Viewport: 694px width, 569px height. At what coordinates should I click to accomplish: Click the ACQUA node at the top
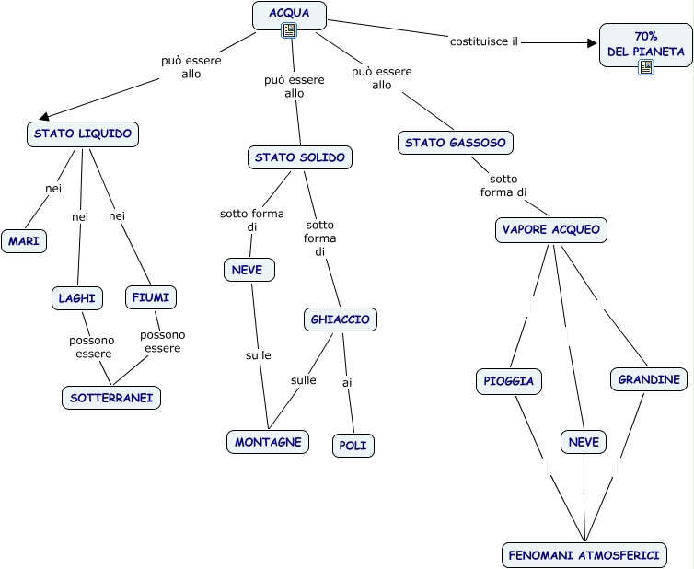point(289,15)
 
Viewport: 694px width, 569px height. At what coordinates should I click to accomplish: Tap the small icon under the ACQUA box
point(289,30)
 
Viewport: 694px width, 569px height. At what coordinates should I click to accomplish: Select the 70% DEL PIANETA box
point(646,45)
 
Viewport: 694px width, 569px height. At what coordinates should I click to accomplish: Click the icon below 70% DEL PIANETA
point(646,67)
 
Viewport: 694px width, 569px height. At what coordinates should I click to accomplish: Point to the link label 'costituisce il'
point(484,41)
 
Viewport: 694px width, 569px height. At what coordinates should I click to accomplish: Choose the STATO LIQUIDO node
point(83,134)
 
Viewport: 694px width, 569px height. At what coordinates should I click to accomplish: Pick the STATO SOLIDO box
point(300,157)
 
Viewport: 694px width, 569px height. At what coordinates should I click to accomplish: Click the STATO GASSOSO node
point(456,143)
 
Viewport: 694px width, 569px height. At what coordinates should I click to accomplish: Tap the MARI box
point(24,241)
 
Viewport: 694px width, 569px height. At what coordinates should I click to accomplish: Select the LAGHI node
point(77,298)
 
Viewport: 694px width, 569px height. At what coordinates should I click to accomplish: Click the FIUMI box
point(151,297)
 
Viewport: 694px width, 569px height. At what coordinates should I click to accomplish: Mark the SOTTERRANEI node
point(111,398)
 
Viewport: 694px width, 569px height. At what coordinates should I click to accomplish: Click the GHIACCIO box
point(341,319)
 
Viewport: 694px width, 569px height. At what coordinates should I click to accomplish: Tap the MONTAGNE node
point(268,442)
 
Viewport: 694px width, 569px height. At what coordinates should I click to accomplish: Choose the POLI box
point(353,445)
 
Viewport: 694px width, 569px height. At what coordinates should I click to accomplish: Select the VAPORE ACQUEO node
point(551,230)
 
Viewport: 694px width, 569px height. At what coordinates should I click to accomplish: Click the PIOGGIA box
point(509,381)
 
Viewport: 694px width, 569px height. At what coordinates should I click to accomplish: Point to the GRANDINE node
point(649,379)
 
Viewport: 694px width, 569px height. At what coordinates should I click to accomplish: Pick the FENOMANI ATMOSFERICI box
point(584,555)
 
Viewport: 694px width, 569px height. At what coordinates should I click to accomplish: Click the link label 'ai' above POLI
point(347,383)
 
